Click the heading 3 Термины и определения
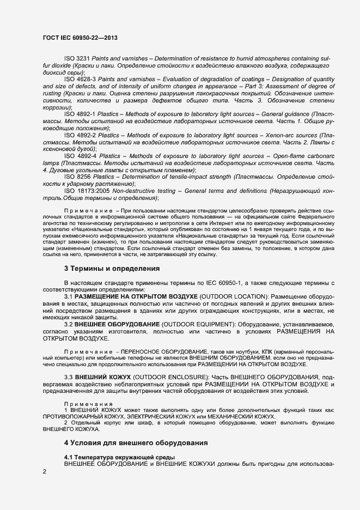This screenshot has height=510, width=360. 112,269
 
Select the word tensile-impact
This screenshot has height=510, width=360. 184,177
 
